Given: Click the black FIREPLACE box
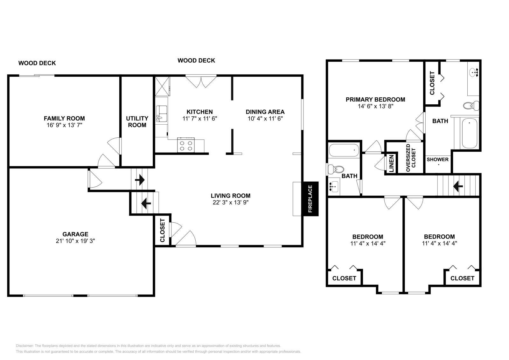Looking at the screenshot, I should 310,199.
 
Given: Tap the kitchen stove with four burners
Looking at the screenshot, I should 186,145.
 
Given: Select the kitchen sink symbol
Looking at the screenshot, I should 161,114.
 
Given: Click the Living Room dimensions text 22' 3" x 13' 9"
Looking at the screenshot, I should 230,202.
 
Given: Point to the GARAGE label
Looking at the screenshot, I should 75,234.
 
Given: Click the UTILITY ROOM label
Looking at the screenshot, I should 137,121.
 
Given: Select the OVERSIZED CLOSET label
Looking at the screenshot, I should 411,158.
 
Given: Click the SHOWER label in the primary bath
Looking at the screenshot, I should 437,159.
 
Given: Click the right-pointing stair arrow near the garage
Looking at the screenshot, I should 140,180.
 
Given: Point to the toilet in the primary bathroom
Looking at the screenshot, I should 471,105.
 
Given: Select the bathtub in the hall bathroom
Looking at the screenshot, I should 345,150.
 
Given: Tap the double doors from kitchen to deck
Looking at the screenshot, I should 201,81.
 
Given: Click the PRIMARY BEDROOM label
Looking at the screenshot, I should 375,100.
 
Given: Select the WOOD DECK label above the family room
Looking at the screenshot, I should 37,63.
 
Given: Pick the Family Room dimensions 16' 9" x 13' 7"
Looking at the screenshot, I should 64,125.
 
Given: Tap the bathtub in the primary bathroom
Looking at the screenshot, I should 470,133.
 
